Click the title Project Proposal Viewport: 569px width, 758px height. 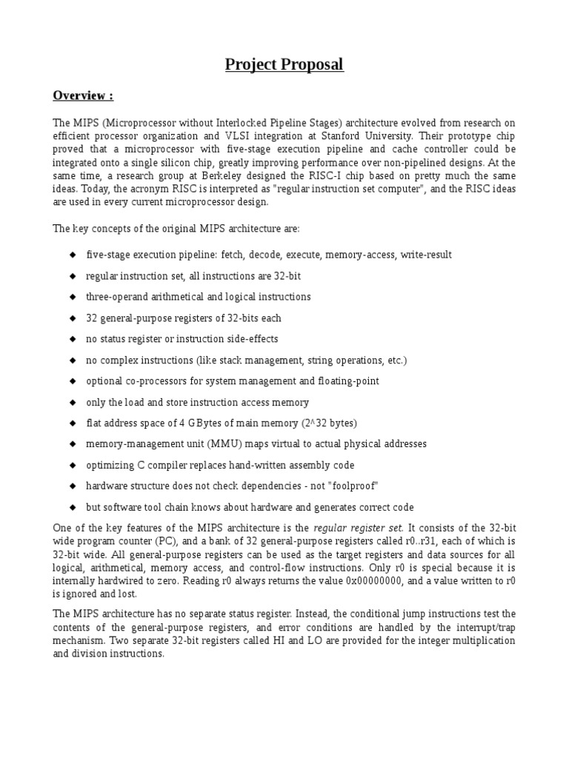(x=284, y=65)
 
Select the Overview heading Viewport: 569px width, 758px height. (x=83, y=96)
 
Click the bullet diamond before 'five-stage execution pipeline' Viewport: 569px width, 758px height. (x=73, y=255)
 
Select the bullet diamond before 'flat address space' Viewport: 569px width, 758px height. (x=73, y=423)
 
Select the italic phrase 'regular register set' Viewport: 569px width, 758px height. (x=359, y=529)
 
